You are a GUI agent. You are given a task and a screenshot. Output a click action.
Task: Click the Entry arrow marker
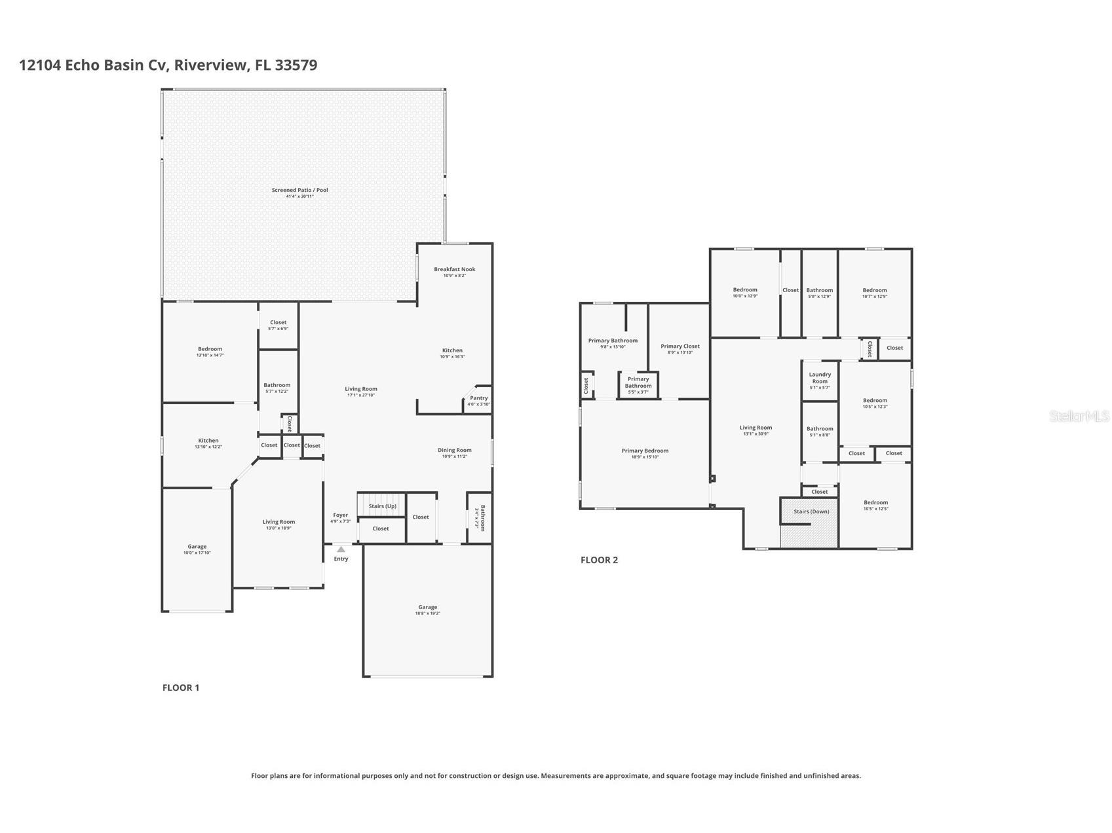pos(341,549)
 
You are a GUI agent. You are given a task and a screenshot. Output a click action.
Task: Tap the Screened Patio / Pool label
pos(299,191)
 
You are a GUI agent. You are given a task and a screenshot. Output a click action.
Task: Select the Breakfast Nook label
pos(454,270)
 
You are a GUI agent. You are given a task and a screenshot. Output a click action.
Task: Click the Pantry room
pos(478,399)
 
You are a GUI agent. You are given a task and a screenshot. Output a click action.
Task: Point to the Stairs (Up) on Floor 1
pos(382,506)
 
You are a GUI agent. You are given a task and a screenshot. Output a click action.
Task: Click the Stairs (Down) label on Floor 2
pos(811,511)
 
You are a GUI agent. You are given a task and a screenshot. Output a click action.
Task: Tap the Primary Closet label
pos(680,346)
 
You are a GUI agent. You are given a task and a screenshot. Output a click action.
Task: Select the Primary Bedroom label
pos(645,451)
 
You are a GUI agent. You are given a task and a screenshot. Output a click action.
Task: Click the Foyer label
pos(340,515)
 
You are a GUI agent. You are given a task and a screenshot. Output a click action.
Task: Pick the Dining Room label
pos(454,451)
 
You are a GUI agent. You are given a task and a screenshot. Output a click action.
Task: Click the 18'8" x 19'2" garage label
pos(427,610)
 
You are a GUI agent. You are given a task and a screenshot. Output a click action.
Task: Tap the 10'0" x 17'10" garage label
pos(197,549)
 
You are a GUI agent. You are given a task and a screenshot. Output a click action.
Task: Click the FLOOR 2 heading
pos(599,560)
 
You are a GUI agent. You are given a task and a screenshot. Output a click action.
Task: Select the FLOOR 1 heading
pos(181,688)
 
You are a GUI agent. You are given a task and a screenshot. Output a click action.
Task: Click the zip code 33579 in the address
pos(296,65)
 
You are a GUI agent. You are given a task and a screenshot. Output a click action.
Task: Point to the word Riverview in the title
pos(211,65)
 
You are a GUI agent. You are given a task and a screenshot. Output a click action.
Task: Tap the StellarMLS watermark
pos(1079,416)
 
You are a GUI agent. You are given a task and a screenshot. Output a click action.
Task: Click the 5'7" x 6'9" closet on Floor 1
pos(278,325)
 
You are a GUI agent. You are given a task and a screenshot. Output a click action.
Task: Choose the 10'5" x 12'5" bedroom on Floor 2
pos(875,505)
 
